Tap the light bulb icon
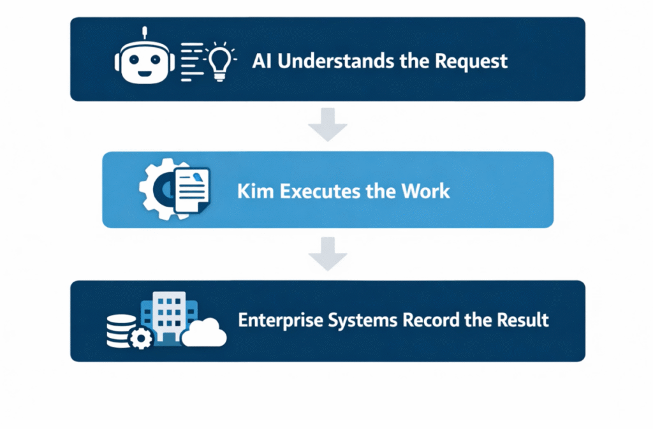[219, 62]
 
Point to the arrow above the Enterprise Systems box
[327, 254]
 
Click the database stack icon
[121, 329]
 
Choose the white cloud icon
[205, 332]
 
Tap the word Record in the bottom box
[428, 319]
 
